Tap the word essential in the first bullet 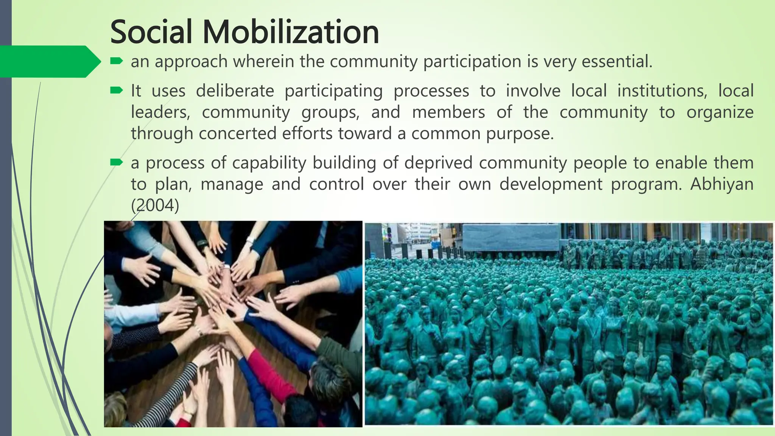(x=616, y=62)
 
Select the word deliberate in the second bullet (x=235, y=91)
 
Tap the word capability (x=269, y=163)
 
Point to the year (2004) (x=155, y=206)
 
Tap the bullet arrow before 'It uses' (x=116, y=90)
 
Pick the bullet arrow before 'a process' (x=116, y=162)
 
